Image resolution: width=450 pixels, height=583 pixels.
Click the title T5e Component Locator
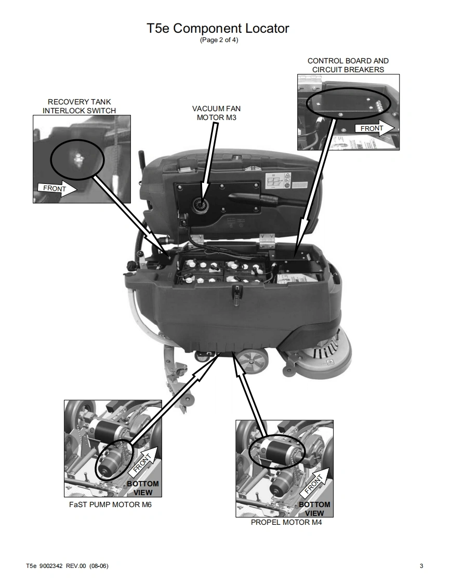click(x=218, y=28)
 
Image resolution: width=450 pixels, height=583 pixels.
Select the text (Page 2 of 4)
click(x=219, y=40)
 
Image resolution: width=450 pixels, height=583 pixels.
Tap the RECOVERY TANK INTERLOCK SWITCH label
click(x=79, y=106)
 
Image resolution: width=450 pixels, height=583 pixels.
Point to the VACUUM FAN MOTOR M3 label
click(x=216, y=113)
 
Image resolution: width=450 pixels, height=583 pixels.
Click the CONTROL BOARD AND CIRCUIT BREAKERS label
click(x=348, y=65)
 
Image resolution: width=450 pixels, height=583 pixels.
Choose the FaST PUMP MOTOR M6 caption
click(x=111, y=505)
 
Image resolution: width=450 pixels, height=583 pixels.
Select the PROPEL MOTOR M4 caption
click(x=286, y=522)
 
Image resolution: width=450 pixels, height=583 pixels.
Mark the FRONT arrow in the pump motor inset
click(x=144, y=462)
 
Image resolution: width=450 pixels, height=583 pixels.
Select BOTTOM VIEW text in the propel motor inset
click(x=314, y=509)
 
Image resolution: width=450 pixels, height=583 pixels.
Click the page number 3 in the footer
click(x=421, y=566)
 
